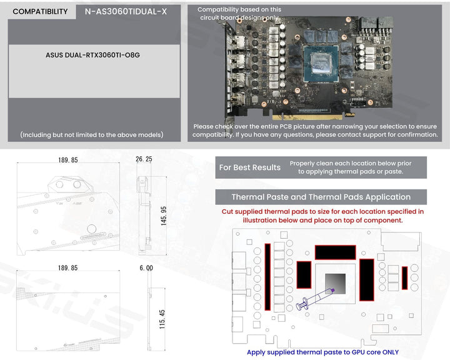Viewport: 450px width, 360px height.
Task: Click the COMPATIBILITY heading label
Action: click(x=40, y=12)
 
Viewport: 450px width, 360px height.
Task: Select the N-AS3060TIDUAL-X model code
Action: click(x=126, y=12)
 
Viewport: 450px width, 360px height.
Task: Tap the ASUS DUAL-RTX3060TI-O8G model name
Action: click(x=93, y=55)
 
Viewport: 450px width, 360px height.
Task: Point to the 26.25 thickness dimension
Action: click(x=144, y=160)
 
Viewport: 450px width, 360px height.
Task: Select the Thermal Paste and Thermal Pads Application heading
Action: click(x=321, y=197)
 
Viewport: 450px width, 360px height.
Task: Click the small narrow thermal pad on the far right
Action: click(x=404, y=278)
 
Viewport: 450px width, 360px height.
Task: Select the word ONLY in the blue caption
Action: click(x=387, y=352)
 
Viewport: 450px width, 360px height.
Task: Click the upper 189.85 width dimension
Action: click(x=67, y=161)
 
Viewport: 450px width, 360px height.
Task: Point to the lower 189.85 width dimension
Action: click(x=67, y=268)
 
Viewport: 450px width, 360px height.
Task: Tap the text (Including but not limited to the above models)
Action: click(x=91, y=134)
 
